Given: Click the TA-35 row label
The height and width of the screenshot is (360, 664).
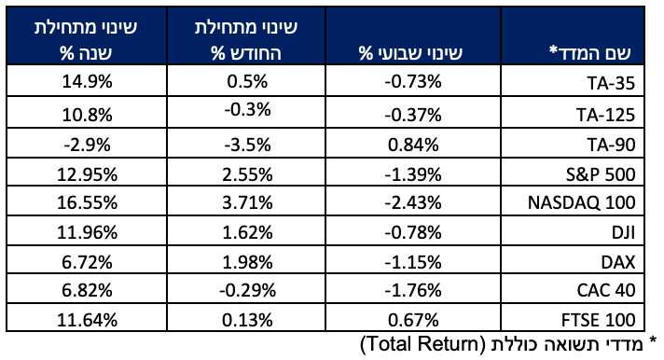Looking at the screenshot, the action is pos(611,83).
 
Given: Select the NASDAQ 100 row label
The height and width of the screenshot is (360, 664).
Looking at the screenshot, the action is pos(581,202).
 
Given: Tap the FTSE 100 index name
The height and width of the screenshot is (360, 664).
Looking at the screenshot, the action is pos(599,320).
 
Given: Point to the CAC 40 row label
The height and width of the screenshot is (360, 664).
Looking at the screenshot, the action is pos(606,290).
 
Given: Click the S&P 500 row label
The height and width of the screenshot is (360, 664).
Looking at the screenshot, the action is pos(601,174).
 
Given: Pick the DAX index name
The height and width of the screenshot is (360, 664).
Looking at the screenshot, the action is pos(618,263).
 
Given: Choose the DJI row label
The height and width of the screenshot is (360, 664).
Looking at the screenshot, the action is pos(623,232).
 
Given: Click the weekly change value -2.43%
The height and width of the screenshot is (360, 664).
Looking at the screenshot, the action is pos(413,202).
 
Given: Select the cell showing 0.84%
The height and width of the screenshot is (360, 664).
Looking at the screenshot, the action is pos(413,145).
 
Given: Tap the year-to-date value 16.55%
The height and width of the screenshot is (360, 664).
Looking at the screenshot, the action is pos(87,202).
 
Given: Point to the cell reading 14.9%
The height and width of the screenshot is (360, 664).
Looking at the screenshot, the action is pos(87,81).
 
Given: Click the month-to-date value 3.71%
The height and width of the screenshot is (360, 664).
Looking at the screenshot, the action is pos(247,202).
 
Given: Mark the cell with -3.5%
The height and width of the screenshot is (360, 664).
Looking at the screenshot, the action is pos(247,145).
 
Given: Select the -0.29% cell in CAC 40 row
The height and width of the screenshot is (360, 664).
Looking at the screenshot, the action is pos(247,290).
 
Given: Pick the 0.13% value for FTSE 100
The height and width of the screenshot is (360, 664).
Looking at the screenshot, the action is pos(247,320).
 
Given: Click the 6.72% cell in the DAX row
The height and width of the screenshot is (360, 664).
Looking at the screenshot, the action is pos(87,263).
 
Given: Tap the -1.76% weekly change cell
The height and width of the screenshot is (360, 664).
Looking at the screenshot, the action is pos(413,290).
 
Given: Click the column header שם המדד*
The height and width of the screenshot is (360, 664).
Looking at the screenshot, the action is pos(590,52).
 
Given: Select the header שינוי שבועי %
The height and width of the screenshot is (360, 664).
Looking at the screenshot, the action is pos(410,53).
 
